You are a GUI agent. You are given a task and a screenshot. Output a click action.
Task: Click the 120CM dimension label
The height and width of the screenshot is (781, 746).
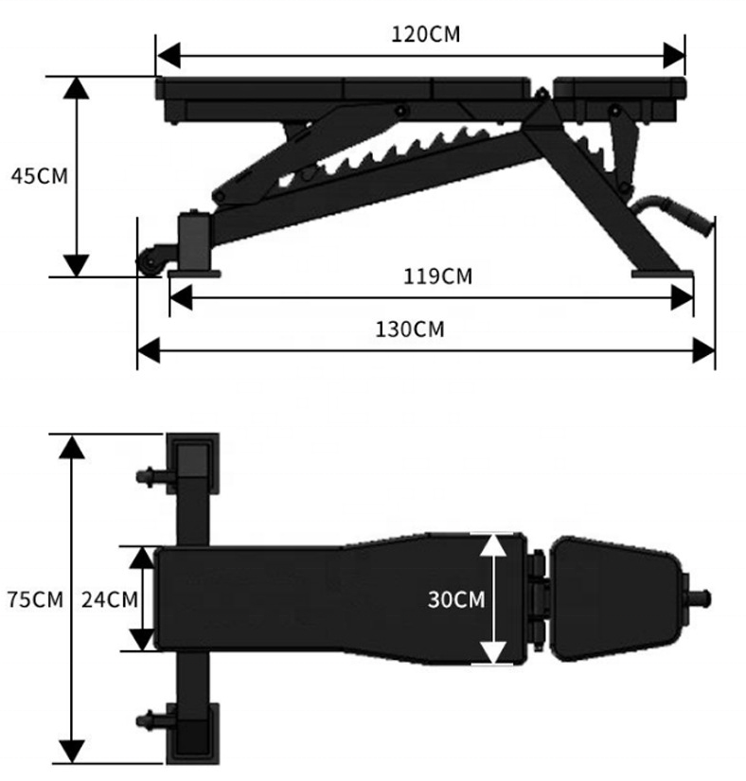pos(426,34)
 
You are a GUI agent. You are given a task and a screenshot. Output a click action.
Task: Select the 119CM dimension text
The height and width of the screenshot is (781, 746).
pos(436,276)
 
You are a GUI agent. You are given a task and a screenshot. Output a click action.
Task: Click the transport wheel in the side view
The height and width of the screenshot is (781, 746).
pos(150,263)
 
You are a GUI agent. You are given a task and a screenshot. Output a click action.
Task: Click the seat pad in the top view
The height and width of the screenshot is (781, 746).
pos(615,598)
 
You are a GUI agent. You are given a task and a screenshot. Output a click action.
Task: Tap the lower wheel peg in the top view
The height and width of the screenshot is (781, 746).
pos(150,721)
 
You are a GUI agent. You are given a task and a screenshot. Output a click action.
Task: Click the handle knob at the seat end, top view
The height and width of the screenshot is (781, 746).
pos(702,598)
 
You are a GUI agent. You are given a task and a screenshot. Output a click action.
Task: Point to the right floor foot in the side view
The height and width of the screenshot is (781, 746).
pos(663,275)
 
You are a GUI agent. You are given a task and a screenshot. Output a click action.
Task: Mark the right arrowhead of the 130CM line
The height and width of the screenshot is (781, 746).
pos(704,352)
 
